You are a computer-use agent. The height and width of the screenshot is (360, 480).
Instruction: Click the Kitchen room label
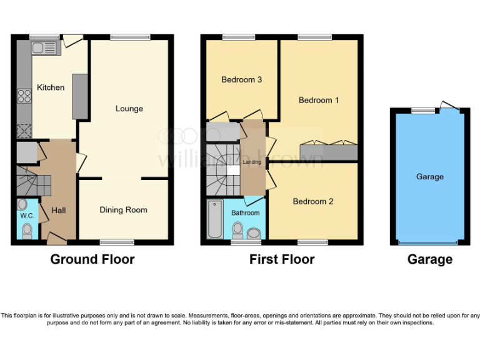(x=50, y=87)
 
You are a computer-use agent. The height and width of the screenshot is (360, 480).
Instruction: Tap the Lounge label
(x=129, y=109)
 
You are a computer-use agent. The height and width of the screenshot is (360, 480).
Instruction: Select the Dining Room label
(x=123, y=210)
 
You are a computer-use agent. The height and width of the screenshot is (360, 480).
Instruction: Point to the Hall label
(x=59, y=211)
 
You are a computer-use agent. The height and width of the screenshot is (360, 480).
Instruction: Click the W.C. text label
(x=26, y=216)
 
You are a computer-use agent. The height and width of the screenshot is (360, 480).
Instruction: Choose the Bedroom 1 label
(x=318, y=100)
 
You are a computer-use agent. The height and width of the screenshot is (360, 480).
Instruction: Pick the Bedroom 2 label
(x=312, y=201)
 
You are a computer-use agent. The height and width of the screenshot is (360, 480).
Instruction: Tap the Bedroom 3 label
(x=241, y=80)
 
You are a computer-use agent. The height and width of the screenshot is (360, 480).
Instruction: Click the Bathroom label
(x=245, y=213)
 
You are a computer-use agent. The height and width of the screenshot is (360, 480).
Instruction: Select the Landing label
(x=252, y=162)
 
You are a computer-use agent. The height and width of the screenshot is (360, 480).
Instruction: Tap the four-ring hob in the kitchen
(x=24, y=96)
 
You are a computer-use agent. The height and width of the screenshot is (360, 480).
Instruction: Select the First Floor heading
(x=281, y=259)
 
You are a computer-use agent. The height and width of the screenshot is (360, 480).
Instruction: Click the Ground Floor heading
(x=92, y=259)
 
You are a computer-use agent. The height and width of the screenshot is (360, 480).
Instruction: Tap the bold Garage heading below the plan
(x=429, y=259)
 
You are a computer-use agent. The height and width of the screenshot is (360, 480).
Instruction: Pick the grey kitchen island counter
(x=80, y=96)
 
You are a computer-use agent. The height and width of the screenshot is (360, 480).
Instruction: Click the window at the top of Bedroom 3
(x=239, y=37)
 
